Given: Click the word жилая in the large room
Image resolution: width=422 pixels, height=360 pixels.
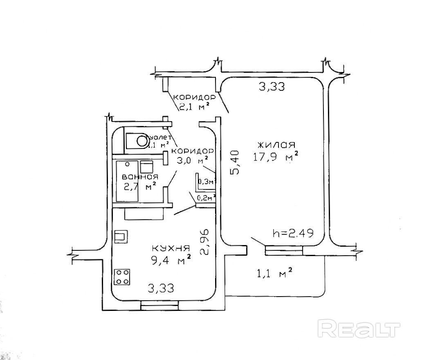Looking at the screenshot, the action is click(276, 145).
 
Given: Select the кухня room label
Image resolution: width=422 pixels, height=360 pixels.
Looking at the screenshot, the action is click(171, 248).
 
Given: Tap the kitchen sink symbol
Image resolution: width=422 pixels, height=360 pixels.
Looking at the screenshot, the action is click(121, 236).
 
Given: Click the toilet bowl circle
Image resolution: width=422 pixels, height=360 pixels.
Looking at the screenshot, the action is click(142, 141).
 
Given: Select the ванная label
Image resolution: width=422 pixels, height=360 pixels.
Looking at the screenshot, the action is click(140, 177).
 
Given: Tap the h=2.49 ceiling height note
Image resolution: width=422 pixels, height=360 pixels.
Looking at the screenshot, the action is click(293, 234).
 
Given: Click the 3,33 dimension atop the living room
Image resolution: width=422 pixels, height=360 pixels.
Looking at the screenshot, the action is click(272, 86).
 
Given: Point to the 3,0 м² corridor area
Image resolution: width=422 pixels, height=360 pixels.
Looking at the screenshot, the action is click(191, 160).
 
